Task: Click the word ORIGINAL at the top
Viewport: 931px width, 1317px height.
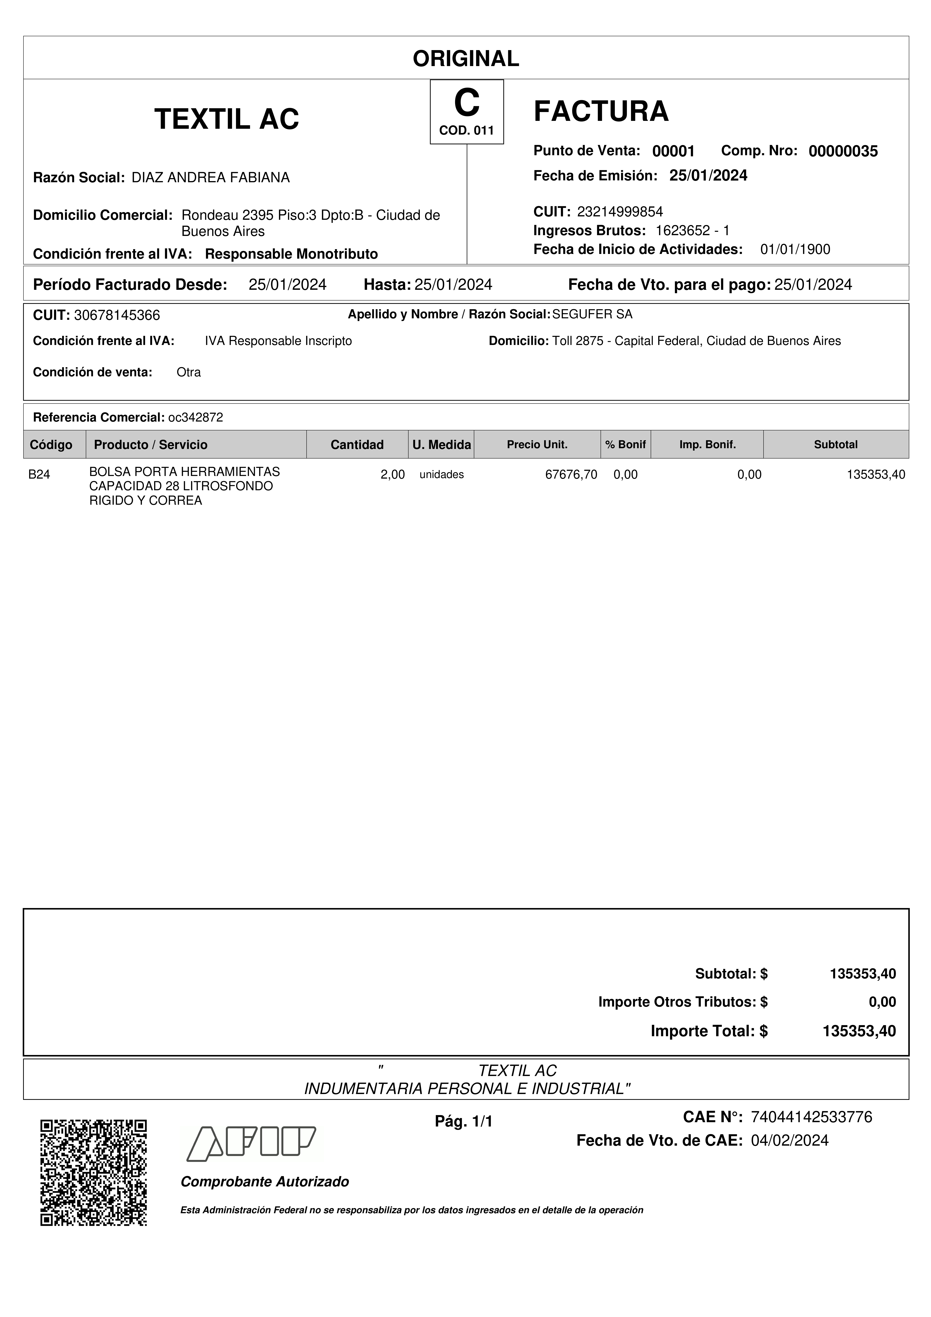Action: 466,59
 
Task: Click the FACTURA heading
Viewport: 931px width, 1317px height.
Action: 601,111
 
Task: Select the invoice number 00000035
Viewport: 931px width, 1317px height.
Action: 843,151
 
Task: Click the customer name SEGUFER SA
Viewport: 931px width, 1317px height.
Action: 592,314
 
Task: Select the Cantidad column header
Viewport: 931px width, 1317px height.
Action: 357,445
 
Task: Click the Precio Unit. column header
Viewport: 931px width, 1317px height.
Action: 537,445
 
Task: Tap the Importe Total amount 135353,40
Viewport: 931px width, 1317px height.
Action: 859,1031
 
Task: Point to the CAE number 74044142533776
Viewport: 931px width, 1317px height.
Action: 811,1117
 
